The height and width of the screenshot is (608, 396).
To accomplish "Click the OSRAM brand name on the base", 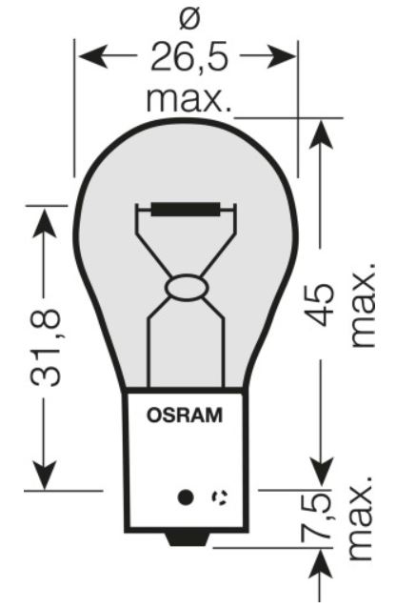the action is click(185, 415).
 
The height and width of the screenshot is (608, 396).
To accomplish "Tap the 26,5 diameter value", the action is click(189, 57).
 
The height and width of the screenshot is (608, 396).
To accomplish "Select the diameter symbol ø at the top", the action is click(189, 20).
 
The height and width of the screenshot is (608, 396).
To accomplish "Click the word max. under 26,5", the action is click(189, 100).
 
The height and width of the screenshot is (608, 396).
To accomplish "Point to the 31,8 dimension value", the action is click(46, 348).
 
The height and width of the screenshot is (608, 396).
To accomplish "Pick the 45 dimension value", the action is click(321, 304).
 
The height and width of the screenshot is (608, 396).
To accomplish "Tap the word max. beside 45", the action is click(363, 305).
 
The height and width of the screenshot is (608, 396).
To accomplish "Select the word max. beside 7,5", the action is click(361, 517).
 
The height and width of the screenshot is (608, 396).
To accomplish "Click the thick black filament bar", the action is click(186, 210).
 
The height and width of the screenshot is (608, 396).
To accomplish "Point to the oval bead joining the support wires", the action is click(187, 288).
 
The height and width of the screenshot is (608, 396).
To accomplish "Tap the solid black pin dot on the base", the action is click(186, 497).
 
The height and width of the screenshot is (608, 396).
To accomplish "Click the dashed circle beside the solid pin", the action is click(219, 497).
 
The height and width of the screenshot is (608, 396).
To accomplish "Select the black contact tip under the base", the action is click(187, 539).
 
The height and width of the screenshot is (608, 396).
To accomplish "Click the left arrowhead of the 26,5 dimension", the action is click(93, 56).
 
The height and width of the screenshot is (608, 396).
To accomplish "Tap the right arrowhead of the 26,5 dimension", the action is click(282, 56).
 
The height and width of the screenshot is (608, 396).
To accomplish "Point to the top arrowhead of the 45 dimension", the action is click(321, 134).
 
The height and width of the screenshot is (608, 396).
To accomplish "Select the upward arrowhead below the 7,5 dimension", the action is click(321, 564).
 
